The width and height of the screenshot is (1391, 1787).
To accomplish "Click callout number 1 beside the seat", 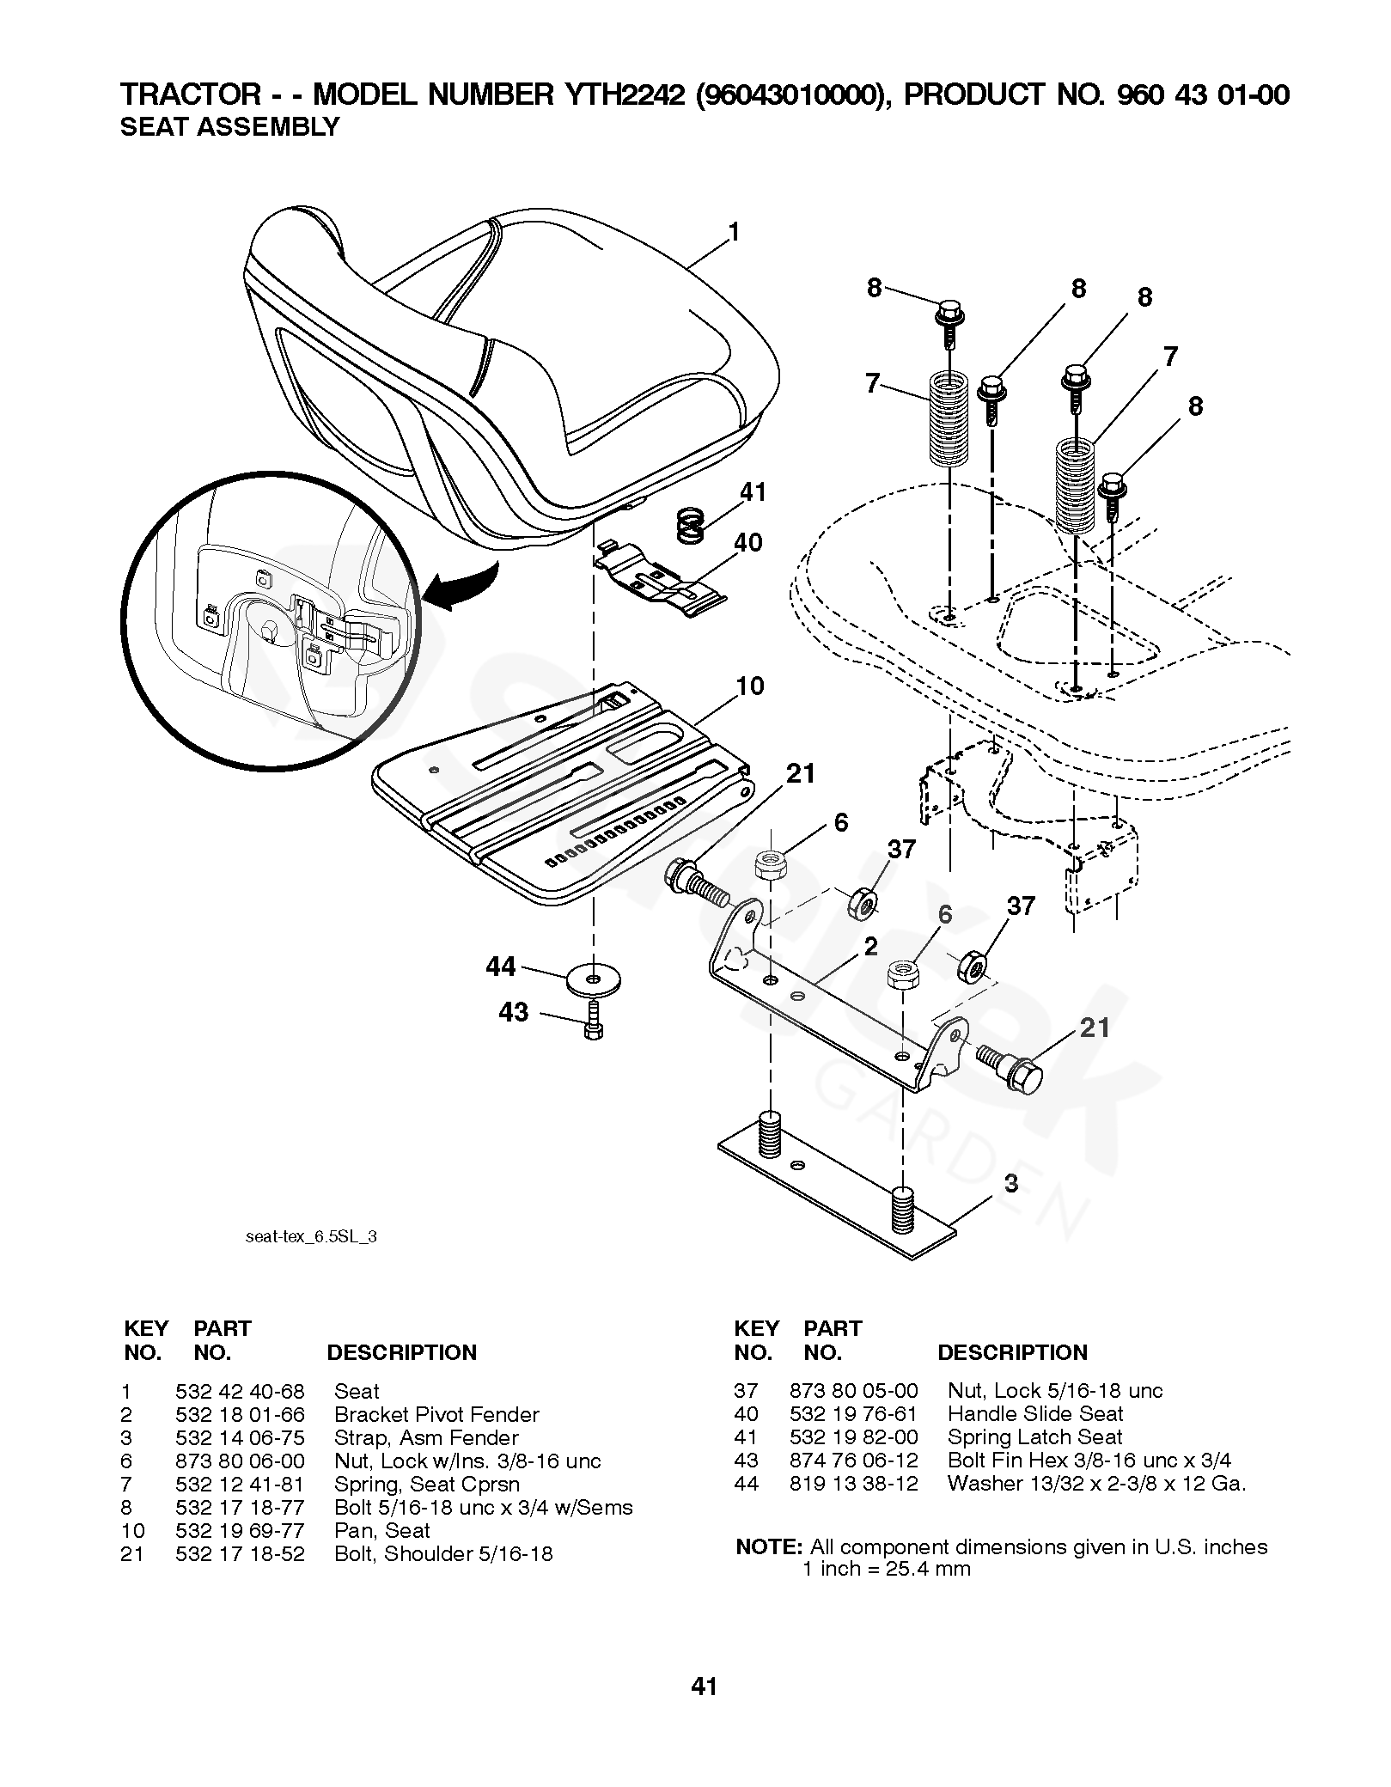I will (733, 233).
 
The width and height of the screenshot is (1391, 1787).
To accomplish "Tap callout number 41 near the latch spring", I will (753, 492).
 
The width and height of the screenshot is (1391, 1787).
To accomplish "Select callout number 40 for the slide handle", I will (748, 543).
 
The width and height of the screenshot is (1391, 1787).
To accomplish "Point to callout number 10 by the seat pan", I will (750, 686).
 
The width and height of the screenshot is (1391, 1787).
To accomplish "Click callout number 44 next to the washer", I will (501, 967).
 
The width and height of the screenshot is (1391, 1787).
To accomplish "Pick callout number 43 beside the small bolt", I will (514, 1012).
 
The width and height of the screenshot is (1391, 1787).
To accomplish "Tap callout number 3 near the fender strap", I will (1011, 1183).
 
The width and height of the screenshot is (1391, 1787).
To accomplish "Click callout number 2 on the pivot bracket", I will (871, 947).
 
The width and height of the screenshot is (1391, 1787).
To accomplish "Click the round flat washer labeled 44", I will (594, 978).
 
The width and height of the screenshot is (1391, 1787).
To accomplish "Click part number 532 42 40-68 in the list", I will (240, 1392).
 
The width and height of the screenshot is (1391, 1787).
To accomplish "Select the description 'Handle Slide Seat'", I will (1034, 1414).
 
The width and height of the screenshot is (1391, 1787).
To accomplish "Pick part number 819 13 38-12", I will (853, 1484).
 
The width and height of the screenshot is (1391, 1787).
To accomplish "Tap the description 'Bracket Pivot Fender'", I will (436, 1415).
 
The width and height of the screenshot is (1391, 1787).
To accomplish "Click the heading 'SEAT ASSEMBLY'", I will (229, 127).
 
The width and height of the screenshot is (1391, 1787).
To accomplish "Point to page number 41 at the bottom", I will (704, 1686).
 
